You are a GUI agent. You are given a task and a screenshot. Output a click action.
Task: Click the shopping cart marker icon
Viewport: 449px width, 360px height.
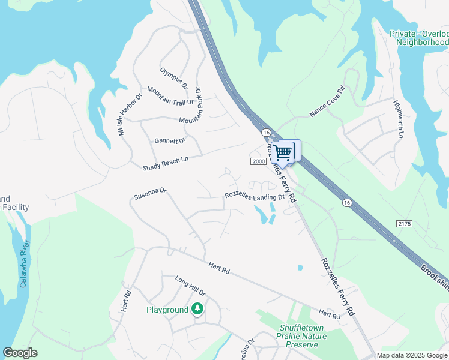coord(283,152)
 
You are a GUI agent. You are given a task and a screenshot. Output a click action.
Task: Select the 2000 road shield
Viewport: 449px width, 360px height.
coord(258,161)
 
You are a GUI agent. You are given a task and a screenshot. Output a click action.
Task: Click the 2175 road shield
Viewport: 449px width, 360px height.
coord(405,223)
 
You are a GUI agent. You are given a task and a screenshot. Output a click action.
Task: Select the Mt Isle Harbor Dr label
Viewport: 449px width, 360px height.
coord(130,114)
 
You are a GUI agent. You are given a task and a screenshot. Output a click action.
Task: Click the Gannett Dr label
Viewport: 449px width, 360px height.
coord(170,141)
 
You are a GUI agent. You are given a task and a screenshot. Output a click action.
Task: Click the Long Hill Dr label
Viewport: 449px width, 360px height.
coord(190,286)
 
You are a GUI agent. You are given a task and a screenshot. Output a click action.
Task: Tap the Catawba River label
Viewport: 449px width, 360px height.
coord(25,263)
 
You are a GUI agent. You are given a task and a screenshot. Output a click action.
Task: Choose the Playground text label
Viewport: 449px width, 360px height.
coord(167,310)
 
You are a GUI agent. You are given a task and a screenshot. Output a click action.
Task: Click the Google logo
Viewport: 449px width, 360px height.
coord(20,353)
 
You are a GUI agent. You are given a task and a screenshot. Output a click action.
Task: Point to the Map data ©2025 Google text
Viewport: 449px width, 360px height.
coord(412,355)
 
